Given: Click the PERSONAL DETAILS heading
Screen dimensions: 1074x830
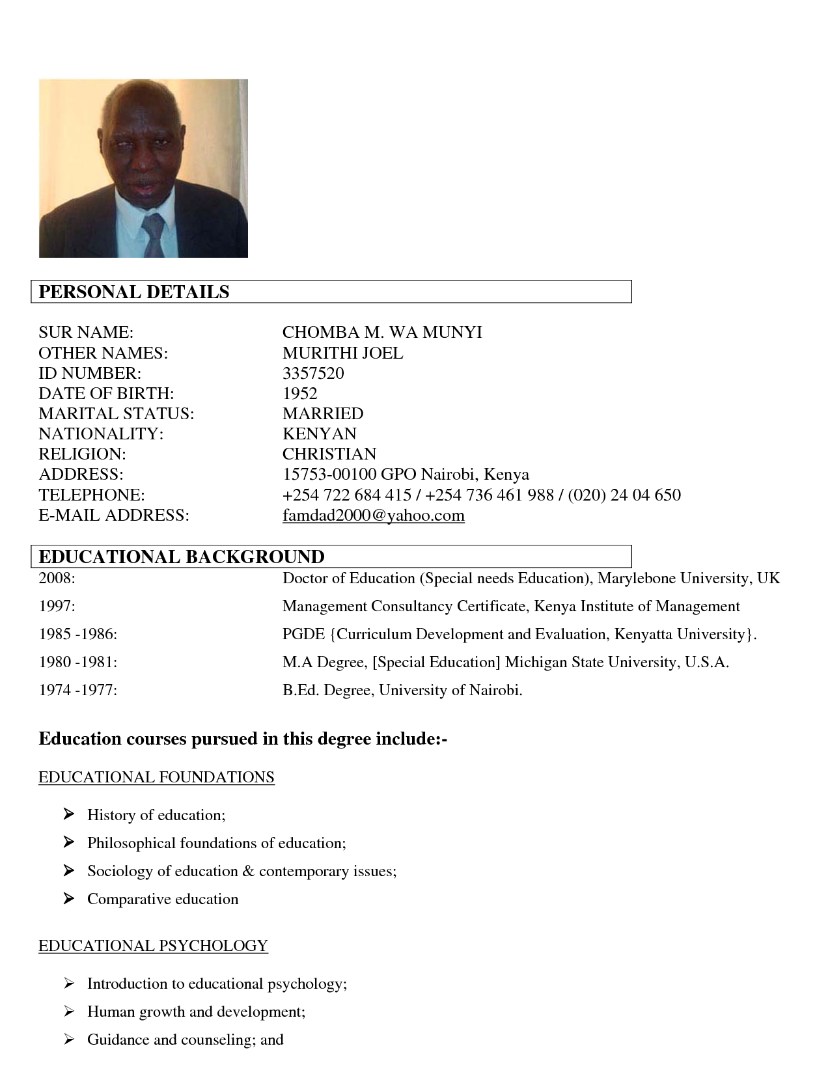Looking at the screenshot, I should tap(134, 292).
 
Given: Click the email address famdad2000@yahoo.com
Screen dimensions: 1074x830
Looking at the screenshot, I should tap(373, 516).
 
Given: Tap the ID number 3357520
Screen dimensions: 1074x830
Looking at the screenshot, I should tap(313, 373).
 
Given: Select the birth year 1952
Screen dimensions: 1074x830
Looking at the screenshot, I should tap(299, 393).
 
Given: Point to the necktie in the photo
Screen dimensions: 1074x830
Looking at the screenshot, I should tap(153, 234).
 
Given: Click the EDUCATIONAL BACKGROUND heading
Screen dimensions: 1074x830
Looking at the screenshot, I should tap(182, 557).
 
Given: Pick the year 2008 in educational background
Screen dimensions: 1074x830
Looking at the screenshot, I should tap(57, 578).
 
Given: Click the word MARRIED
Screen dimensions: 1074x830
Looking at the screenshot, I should tap(323, 413).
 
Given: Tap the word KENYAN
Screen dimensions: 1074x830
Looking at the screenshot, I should tap(319, 434).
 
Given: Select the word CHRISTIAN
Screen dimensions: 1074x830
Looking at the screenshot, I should tap(329, 454).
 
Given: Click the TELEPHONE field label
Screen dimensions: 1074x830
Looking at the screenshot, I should tap(91, 495).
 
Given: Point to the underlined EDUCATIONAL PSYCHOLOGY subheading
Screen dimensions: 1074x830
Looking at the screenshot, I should tap(153, 945).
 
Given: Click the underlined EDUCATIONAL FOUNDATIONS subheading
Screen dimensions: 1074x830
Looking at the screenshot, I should tap(156, 777).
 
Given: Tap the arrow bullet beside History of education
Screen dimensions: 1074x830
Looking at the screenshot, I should tap(69, 814).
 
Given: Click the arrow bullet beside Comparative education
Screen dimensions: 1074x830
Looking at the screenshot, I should tap(69, 898).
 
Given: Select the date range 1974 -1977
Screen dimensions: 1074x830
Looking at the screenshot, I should tap(78, 690).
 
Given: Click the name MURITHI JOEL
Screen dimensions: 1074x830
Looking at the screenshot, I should tap(342, 353).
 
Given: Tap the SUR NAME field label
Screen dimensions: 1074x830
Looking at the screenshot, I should tap(86, 333).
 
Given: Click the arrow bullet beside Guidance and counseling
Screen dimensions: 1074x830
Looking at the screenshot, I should tap(69, 1039).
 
